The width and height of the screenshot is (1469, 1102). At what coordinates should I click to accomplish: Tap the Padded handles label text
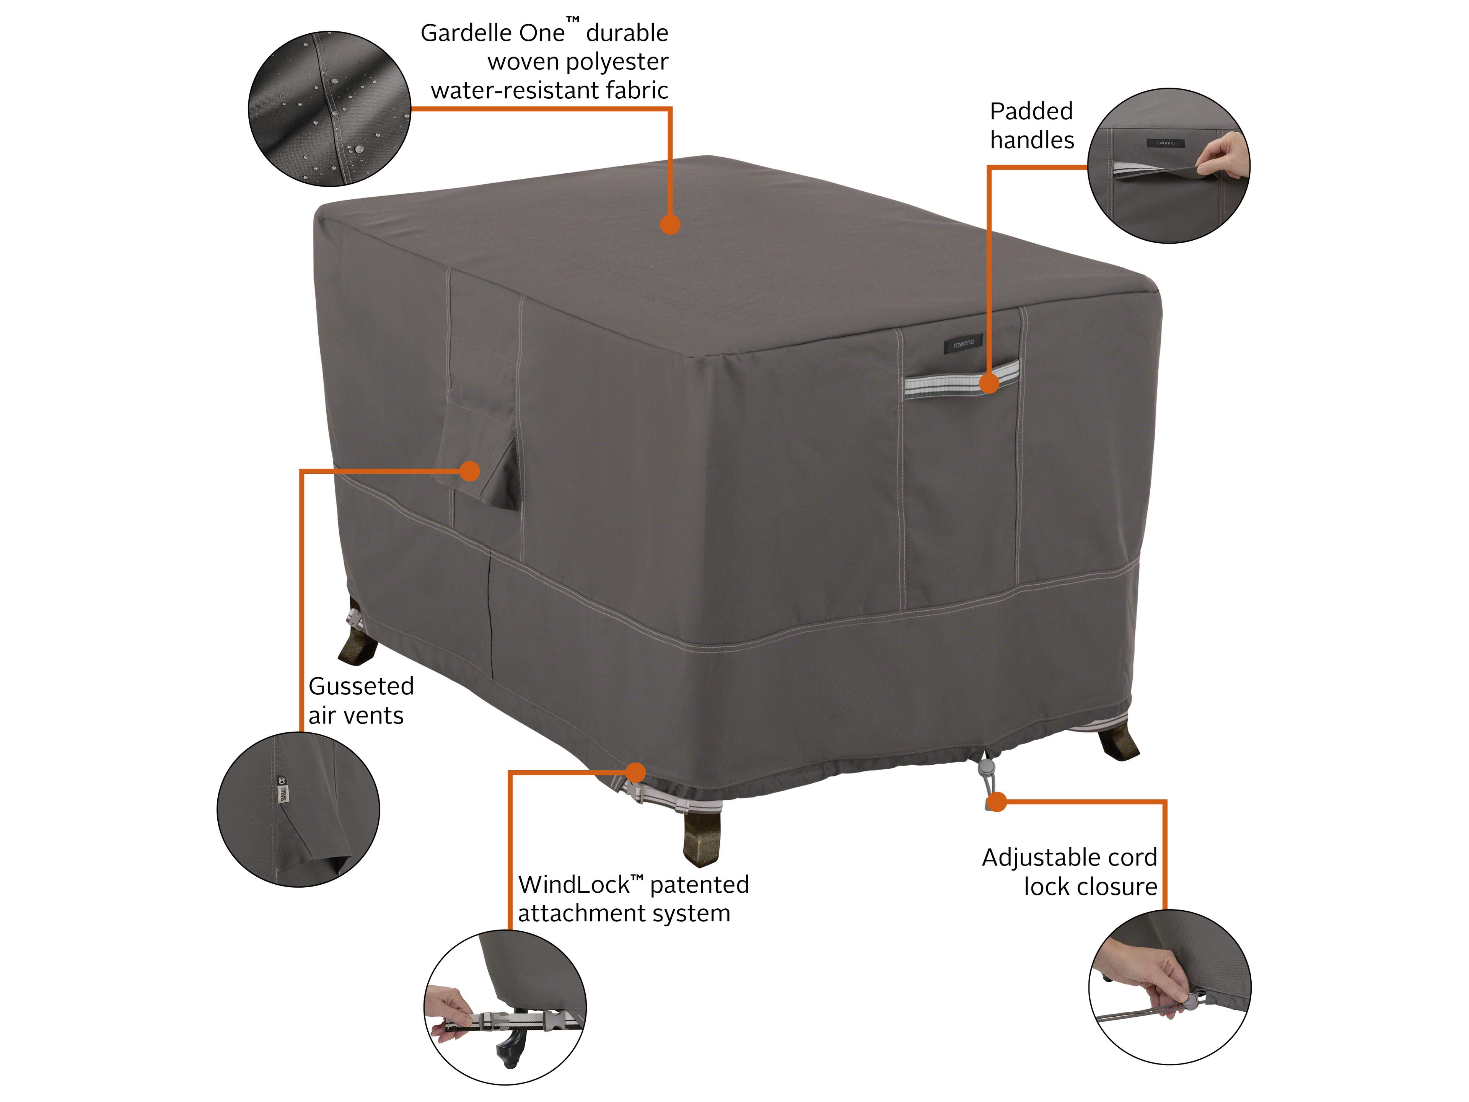point(1031,126)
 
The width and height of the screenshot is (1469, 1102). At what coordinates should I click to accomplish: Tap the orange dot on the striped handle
point(989,383)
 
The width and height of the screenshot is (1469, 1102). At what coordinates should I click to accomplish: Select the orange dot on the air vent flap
point(469,471)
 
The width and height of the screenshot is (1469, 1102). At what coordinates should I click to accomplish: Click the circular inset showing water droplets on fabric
point(329,109)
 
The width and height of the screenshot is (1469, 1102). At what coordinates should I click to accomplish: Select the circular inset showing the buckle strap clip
point(505,1007)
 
